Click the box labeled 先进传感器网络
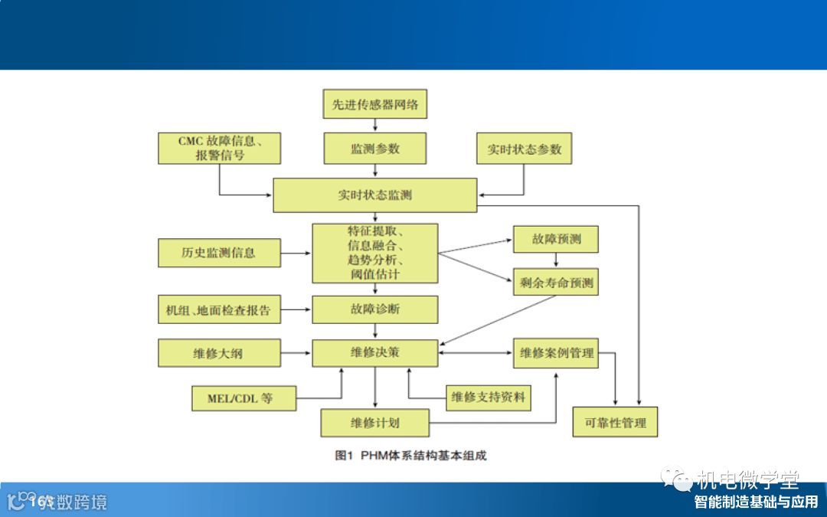click(375, 104)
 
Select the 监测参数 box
click(375, 149)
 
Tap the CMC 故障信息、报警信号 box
click(220, 148)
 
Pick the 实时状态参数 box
click(525, 149)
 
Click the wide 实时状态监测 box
click(375, 195)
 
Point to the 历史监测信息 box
click(220, 253)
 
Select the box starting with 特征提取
click(375, 253)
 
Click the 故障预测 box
click(556, 239)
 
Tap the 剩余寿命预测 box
click(556, 282)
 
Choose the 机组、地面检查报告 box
click(220, 310)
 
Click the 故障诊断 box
click(375, 309)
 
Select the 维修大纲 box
click(220, 353)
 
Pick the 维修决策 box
click(375, 352)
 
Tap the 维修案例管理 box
click(556, 353)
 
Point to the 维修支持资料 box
click(489, 397)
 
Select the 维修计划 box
click(375, 422)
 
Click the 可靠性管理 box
click(616, 422)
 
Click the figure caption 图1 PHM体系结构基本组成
click(411, 456)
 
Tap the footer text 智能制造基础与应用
click(756, 502)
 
